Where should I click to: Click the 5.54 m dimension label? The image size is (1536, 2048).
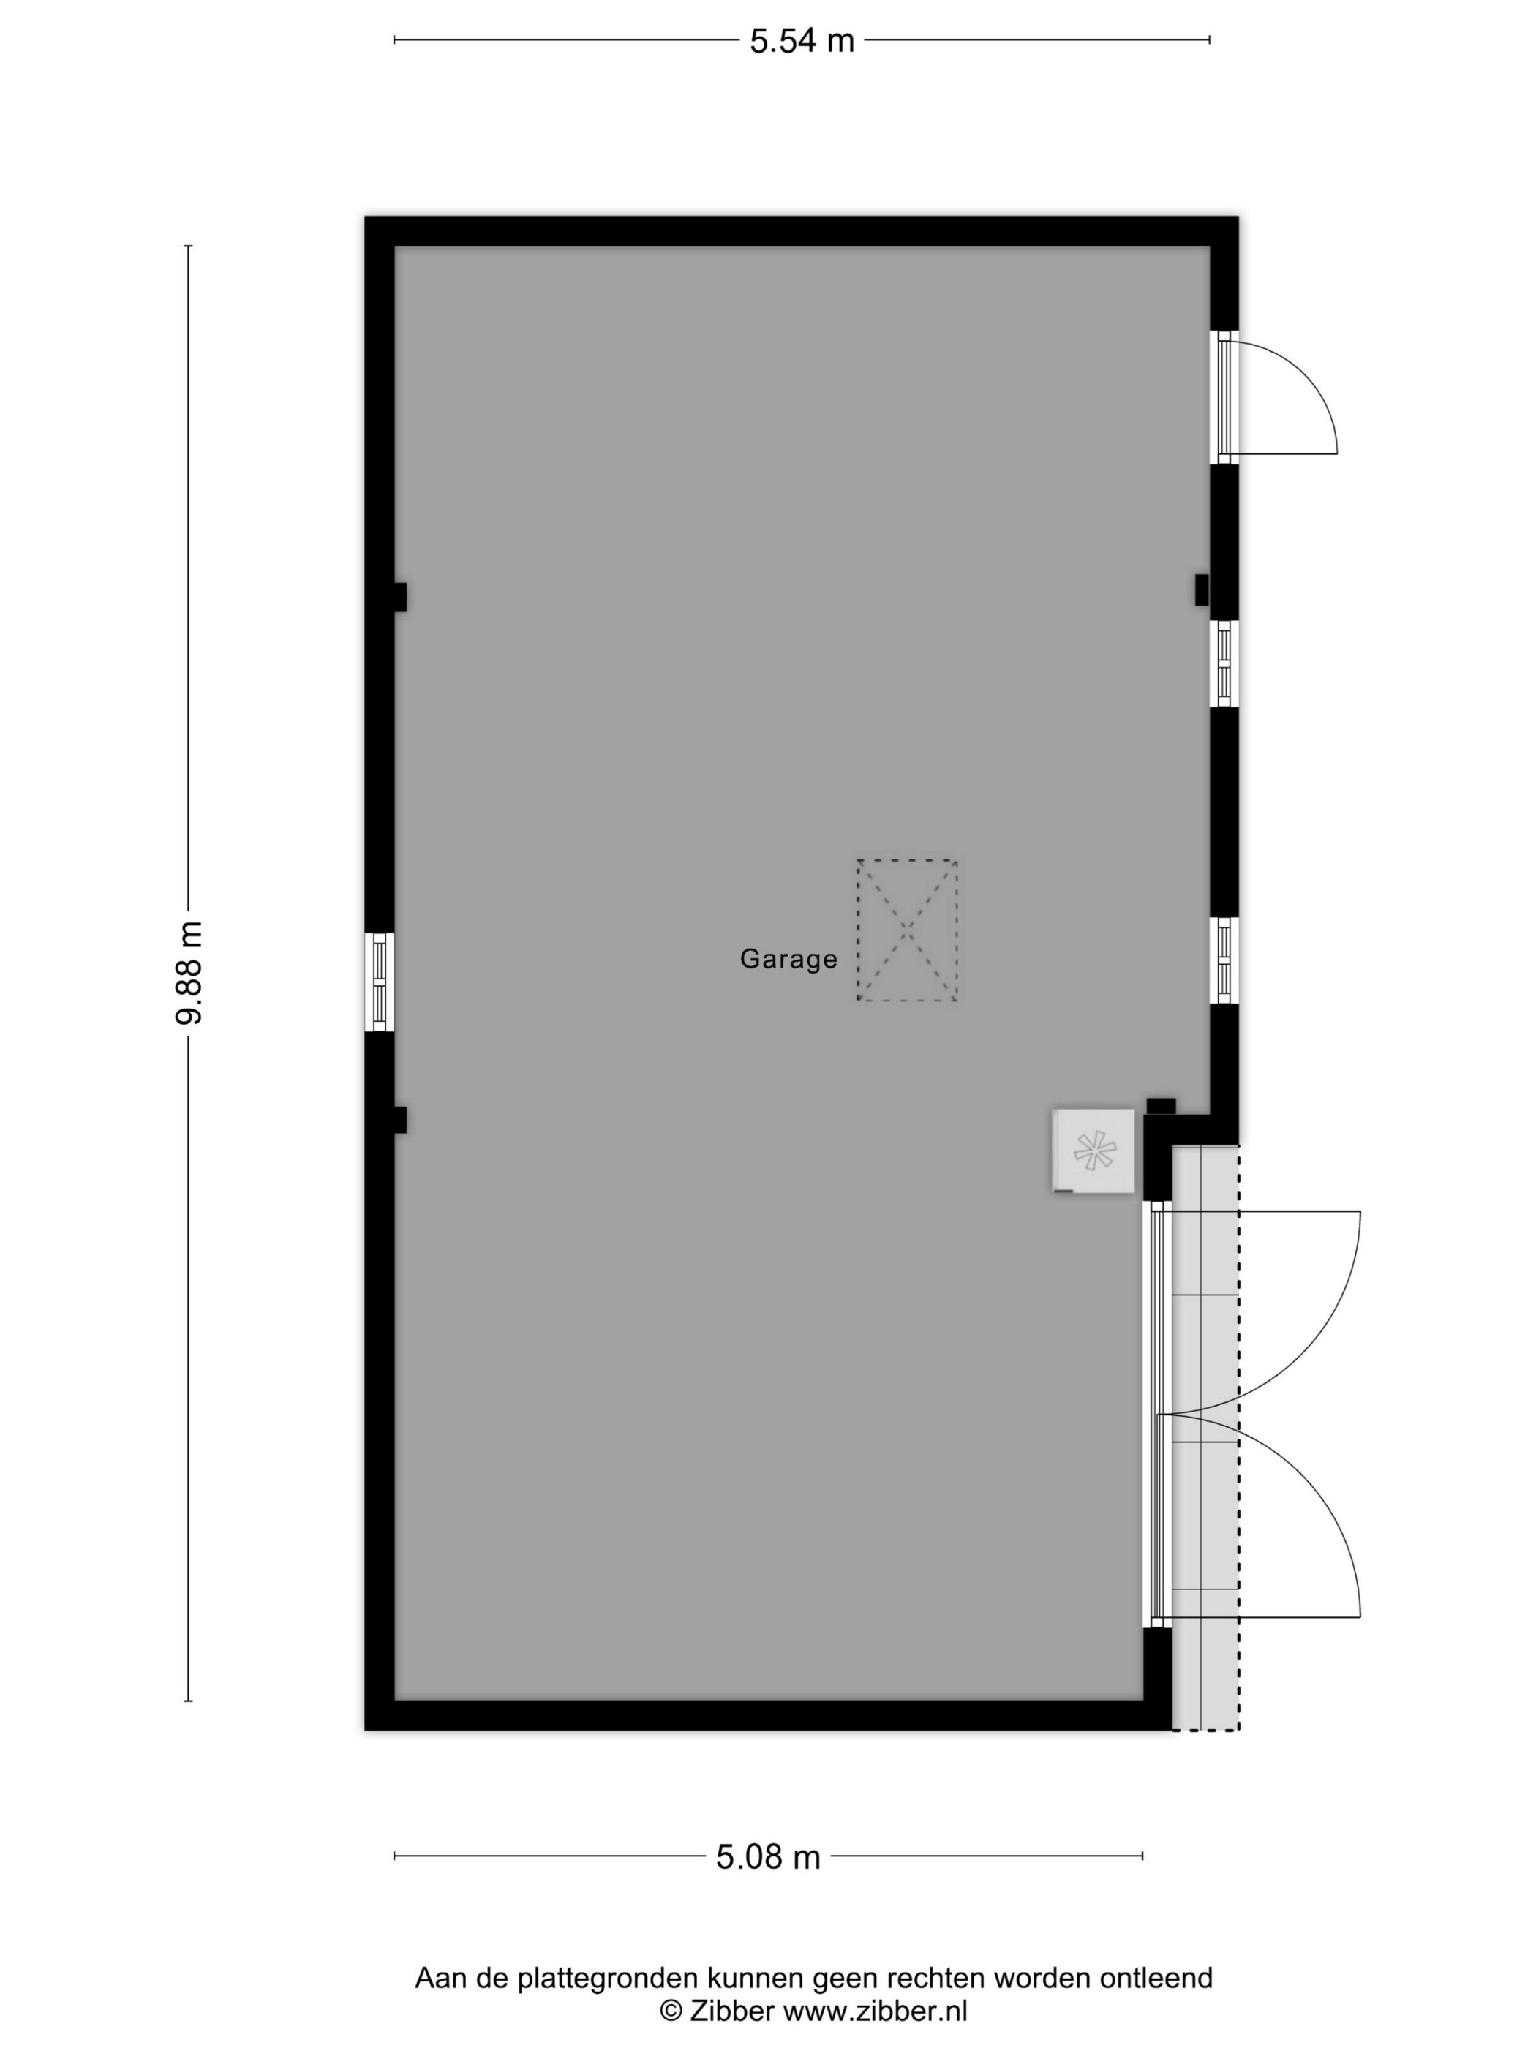coord(801,41)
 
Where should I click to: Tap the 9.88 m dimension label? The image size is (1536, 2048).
coord(189,972)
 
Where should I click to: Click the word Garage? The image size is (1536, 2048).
coord(788,958)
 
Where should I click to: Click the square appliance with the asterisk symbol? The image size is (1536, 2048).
coord(1093,1150)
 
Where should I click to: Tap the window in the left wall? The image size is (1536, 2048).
coord(379,982)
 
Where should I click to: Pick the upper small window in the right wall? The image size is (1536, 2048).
coord(1224,664)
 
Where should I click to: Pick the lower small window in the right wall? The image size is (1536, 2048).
coord(1224,960)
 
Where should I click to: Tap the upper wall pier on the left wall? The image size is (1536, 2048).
coord(400,597)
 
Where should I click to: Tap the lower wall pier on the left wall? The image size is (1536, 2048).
coord(400,1119)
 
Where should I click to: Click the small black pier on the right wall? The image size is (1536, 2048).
coord(1202,590)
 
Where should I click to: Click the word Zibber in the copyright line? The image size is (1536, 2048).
coord(731,2010)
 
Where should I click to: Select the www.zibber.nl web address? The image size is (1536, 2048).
coord(875,2010)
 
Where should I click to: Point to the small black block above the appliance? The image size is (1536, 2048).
coord(1161,1105)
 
